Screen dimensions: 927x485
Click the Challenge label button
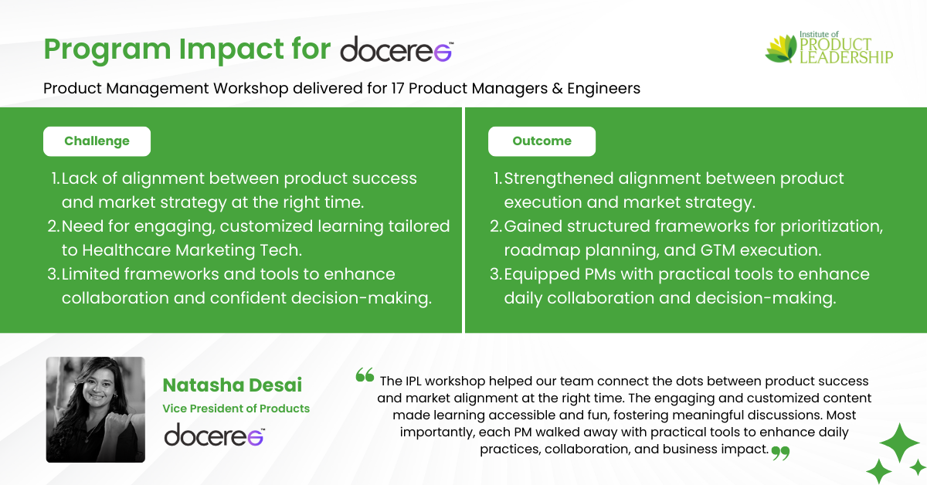97,141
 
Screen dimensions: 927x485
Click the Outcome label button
542,141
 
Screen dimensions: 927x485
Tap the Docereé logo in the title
397,49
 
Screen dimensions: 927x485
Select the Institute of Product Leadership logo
829,48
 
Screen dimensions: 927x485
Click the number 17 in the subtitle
397,88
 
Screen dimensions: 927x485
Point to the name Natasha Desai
233,385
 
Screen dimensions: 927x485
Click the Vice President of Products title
236,409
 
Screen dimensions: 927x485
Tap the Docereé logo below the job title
215,435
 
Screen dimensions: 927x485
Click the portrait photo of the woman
96,409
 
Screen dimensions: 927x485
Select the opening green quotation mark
365,375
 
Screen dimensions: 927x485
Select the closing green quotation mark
780,453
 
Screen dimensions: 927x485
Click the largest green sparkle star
899,443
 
